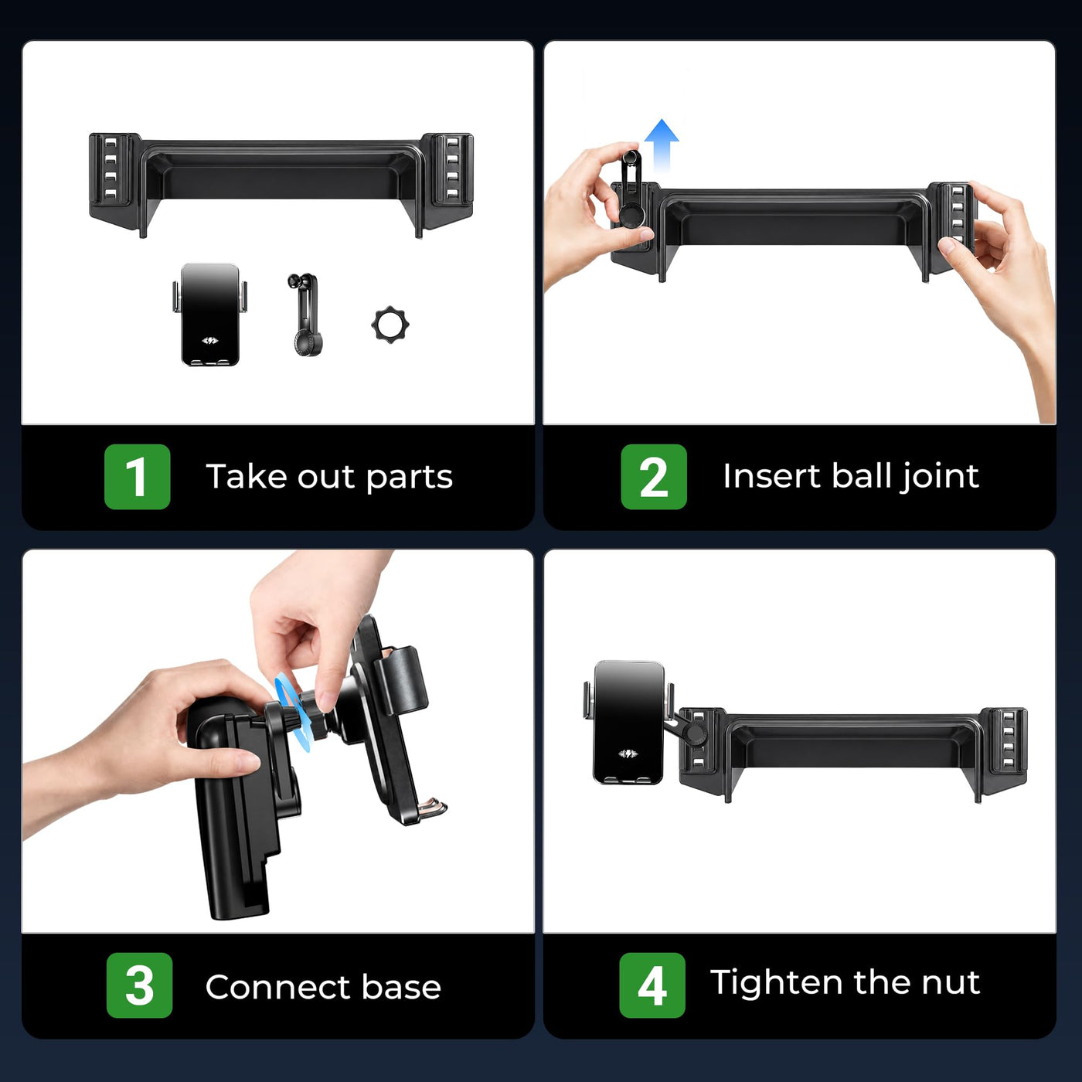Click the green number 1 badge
click(x=137, y=477)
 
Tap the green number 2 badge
click(x=654, y=477)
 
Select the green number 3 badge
click(x=139, y=985)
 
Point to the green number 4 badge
click(x=652, y=985)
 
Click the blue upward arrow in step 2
click(x=662, y=145)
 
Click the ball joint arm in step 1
click(x=306, y=315)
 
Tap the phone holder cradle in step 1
click(x=209, y=315)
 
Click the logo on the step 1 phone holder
click(x=210, y=340)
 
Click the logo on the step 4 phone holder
click(x=628, y=754)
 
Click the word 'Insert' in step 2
click(x=772, y=476)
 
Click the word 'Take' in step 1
click(x=246, y=476)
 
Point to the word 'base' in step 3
click(x=401, y=987)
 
